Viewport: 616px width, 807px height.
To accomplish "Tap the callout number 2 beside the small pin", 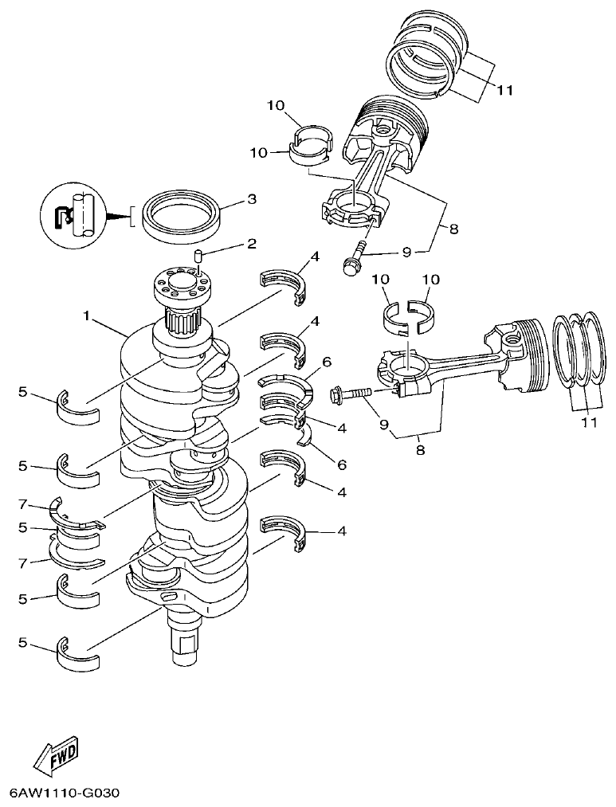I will tap(251, 244).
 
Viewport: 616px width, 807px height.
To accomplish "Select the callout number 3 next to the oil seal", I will tap(251, 199).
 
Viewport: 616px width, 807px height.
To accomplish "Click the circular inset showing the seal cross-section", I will tap(73, 214).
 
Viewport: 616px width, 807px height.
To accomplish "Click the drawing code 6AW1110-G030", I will tap(65, 794).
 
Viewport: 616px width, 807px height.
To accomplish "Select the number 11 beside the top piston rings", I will tap(504, 90).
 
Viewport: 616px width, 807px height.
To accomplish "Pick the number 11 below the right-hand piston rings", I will tap(588, 422).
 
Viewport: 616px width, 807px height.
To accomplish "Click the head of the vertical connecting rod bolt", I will tap(350, 265).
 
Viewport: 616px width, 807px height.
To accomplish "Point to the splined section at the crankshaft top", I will tap(184, 323).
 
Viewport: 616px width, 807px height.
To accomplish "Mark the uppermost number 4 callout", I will tap(316, 257).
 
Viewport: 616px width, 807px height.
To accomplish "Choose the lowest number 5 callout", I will tap(23, 642).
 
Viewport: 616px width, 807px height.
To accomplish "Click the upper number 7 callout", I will tap(23, 504).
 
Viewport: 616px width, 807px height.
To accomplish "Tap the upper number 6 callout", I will tap(326, 361).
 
